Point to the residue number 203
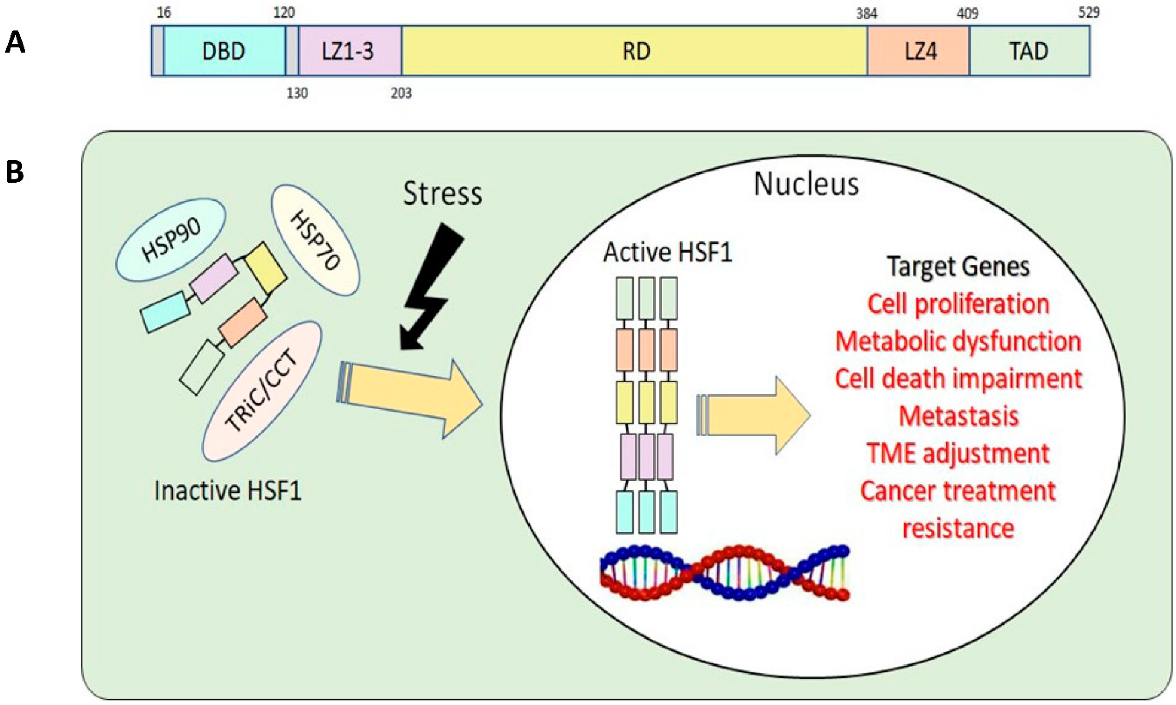pyautogui.click(x=401, y=93)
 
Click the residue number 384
pyautogui.click(x=866, y=13)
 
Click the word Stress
pyautogui.click(x=442, y=194)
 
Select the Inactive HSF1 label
pyautogui.click(x=227, y=490)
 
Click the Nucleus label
pyautogui.click(x=806, y=184)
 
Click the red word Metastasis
pyautogui.click(x=958, y=416)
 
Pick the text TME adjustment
pyautogui.click(x=958, y=453)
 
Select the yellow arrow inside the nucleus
pyautogui.click(x=755, y=415)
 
